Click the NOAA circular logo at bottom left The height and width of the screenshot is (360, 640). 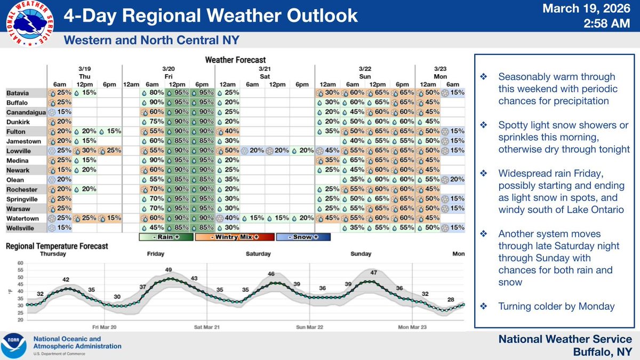tap(15, 346)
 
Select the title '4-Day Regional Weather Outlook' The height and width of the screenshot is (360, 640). tap(211, 15)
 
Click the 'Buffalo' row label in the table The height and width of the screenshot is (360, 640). tap(19, 102)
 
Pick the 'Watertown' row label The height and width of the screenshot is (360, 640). tap(22, 218)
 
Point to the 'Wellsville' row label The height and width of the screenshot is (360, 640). tap(22, 228)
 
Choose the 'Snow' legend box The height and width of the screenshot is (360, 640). tap(303, 237)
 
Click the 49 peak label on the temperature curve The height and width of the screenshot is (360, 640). tap(169, 269)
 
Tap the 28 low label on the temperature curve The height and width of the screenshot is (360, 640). tap(451, 300)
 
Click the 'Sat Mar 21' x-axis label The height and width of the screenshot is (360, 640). tap(206, 326)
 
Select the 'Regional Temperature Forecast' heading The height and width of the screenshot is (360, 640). tap(57, 246)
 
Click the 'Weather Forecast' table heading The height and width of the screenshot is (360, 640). tap(235, 60)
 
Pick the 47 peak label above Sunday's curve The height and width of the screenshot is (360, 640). tap(374, 273)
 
